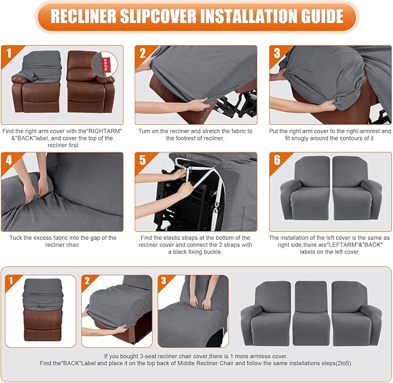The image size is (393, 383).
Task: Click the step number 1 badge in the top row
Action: click(x=9, y=54)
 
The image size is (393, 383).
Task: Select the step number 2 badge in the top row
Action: click(x=143, y=54)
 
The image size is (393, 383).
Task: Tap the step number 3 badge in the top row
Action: click(x=277, y=54)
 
